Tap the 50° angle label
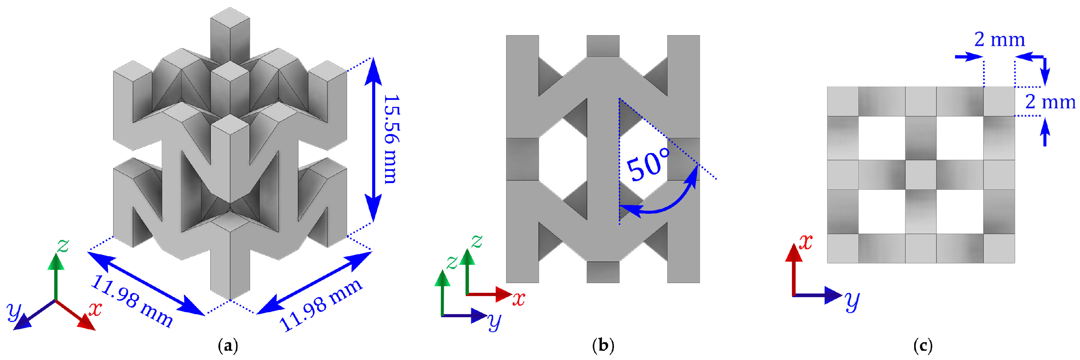click(648, 165)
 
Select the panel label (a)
click(228, 346)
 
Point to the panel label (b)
click(603, 346)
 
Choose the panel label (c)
click(922, 346)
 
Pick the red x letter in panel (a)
click(96, 309)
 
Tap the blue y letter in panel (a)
click(14, 311)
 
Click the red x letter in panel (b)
click(519, 299)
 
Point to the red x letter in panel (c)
click(805, 242)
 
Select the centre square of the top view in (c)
click(921, 174)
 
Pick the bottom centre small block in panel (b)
click(603, 272)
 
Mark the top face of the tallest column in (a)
click(230, 18)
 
